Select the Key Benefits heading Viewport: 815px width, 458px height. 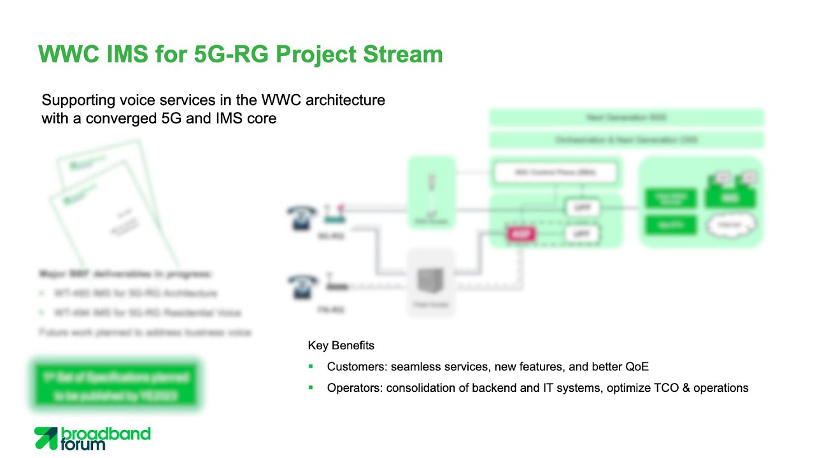click(x=341, y=345)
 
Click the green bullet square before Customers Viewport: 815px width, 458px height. click(x=311, y=366)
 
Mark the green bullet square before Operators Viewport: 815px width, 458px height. click(x=311, y=387)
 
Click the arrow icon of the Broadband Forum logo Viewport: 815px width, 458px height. click(x=46, y=438)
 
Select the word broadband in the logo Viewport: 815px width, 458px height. click(x=106, y=434)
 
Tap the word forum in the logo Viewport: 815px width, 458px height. click(x=83, y=445)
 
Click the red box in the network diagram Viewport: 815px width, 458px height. click(x=521, y=234)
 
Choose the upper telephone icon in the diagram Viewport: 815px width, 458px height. click(x=302, y=217)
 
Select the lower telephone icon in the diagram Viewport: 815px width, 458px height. click(x=302, y=286)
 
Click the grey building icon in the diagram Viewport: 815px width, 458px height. click(x=431, y=282)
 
